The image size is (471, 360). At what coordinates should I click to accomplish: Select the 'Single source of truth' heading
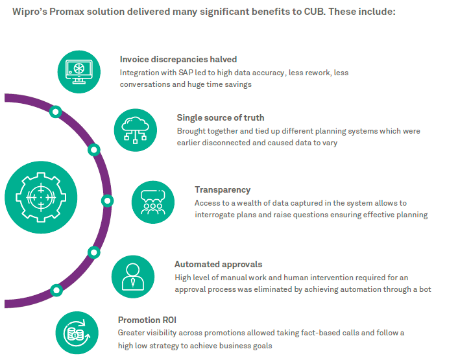[x=221, y=117]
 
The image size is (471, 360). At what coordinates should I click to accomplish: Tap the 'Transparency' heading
[x=223, y=189]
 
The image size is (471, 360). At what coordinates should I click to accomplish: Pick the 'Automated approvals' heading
[x=218, y=264]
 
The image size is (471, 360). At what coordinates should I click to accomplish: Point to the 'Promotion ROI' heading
[x=147, y=320]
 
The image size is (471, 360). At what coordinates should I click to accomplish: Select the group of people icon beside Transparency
[x=153, y=202]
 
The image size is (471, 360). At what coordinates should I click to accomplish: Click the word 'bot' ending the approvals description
[x=424, y=289]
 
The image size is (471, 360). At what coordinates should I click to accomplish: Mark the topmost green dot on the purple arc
[x=56, y=112]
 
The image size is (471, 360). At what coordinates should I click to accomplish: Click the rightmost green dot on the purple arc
[x=107, y=199]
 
